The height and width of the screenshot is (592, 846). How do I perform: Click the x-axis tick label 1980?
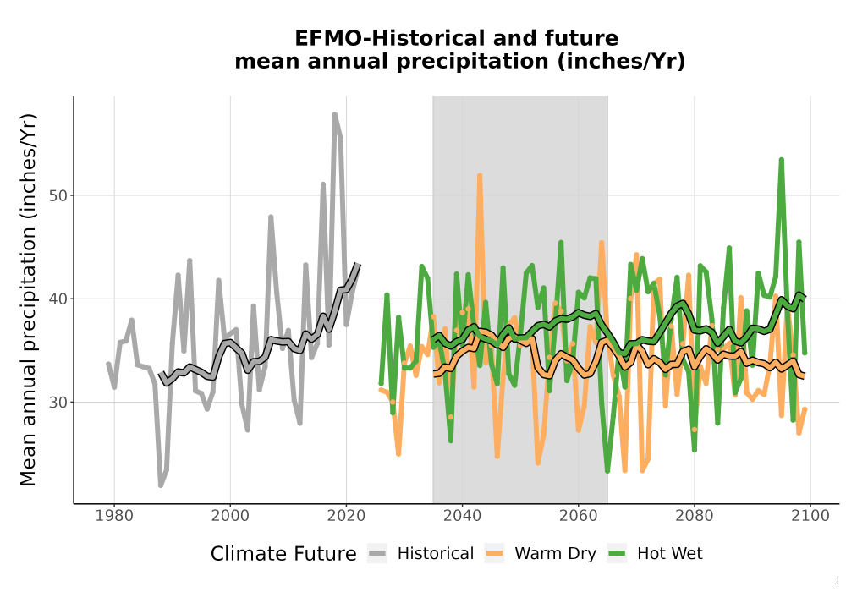point(114,516)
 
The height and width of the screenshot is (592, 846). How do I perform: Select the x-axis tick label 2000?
point(230,516)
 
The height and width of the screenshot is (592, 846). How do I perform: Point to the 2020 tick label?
point(346,516)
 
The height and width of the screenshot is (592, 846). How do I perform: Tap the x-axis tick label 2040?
point(463,516)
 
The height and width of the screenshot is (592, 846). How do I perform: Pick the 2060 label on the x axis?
point(579,516)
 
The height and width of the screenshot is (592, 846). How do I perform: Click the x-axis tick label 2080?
point(695,516)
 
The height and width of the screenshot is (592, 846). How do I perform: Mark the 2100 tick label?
point(810,516)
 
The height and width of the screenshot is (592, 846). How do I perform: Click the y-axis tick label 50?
point(58,195)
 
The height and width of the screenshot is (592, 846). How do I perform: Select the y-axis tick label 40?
point(58,299)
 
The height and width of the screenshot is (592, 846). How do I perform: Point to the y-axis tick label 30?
point(58,403)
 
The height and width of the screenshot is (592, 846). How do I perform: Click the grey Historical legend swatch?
point(377,554)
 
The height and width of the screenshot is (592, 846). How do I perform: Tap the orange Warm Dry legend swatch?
point(494,554)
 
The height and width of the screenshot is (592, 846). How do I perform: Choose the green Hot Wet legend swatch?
point(617,554)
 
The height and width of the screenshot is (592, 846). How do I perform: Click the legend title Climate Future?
point(283,554)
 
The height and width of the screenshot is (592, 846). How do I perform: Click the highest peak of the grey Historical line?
point(334,115)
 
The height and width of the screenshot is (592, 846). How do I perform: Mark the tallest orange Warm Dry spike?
point(480,176)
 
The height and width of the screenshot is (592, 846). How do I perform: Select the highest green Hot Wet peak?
point(781,160)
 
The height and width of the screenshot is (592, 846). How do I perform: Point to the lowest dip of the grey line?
point(161,485)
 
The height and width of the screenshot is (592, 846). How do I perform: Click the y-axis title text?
point(28,299)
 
